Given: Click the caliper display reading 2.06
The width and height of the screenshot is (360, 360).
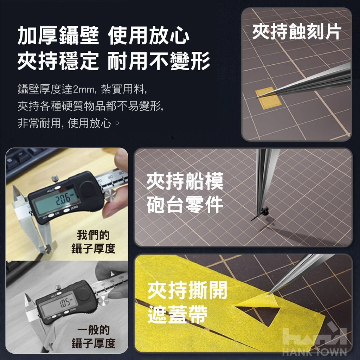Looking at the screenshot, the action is tap(56, 201).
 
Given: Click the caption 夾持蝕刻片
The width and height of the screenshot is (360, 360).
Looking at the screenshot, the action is tap(297, 32).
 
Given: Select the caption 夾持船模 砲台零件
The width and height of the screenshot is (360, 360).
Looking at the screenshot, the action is tap(185, 193).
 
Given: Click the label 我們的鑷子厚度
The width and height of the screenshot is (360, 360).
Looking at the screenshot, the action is tap(93, 242).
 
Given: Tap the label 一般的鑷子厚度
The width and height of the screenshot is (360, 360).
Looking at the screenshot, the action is tap(93, 336).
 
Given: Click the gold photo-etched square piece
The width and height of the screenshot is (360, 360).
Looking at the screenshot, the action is tap(268, 98).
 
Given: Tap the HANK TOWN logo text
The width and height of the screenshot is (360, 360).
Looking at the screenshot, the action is tap(315, 352).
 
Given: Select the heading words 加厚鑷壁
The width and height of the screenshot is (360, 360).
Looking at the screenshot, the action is tap(58, 36).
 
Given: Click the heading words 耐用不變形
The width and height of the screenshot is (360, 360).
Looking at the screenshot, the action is tap(159, 61).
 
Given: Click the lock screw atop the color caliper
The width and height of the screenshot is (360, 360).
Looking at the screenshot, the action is tap(55, 178).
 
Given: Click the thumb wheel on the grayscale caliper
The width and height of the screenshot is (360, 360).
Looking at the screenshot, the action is tap(103, 301).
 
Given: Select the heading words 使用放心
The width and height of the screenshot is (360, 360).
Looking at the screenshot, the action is tap(149, 36).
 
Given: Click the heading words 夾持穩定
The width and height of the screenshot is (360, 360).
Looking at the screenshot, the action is tap(58, 61).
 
